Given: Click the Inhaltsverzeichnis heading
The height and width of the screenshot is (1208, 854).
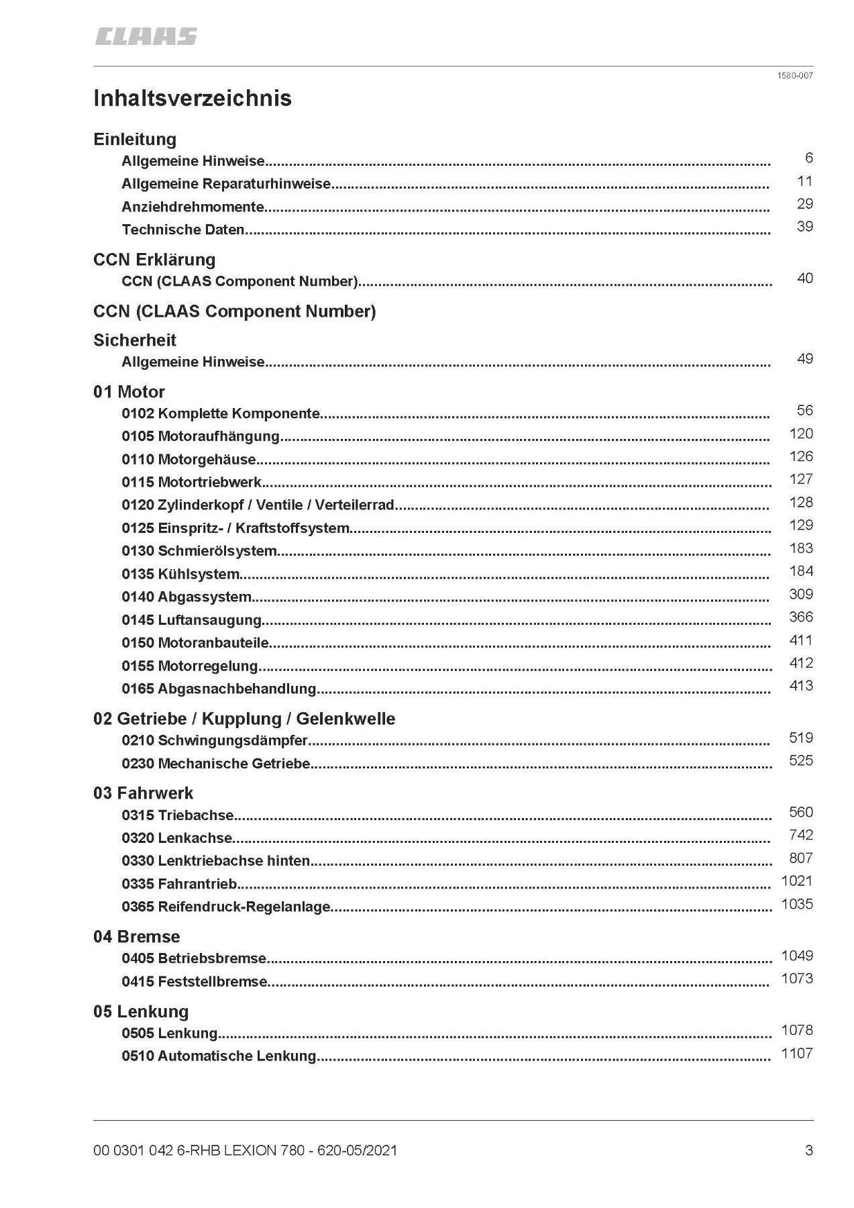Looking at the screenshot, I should point(193,99).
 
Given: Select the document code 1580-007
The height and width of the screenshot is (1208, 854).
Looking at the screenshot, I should point(795,76).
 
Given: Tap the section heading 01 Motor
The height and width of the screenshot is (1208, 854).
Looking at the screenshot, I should point(129,392).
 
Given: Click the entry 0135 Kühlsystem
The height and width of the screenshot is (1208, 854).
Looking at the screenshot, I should point(180,574).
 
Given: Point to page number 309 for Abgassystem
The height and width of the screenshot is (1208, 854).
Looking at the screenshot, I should point(801,594).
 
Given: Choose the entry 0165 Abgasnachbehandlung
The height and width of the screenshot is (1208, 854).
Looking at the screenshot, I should point(219,689).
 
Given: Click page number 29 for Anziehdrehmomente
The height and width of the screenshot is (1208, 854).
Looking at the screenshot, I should point(805,204).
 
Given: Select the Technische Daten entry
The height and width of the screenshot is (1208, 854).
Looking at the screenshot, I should point(183,230).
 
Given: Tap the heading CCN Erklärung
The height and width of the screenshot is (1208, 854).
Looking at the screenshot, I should point(154,260).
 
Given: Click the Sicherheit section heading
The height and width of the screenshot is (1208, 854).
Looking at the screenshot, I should point(135,340).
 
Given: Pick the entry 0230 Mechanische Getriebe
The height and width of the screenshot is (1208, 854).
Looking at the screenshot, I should point(216,764).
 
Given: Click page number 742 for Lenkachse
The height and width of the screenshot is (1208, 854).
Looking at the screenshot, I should point(801,835).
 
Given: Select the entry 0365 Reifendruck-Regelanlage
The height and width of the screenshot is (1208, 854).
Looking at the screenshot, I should point(226,907).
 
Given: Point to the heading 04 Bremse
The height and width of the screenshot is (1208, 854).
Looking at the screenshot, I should point(137,937).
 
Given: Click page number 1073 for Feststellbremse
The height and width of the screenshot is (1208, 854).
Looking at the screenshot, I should point(797,978).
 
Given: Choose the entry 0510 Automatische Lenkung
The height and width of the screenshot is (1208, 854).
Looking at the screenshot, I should point(219,1056).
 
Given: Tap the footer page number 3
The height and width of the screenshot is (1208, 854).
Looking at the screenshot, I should point(809,1150).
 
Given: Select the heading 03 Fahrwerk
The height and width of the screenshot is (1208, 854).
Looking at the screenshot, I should point(143,793).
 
